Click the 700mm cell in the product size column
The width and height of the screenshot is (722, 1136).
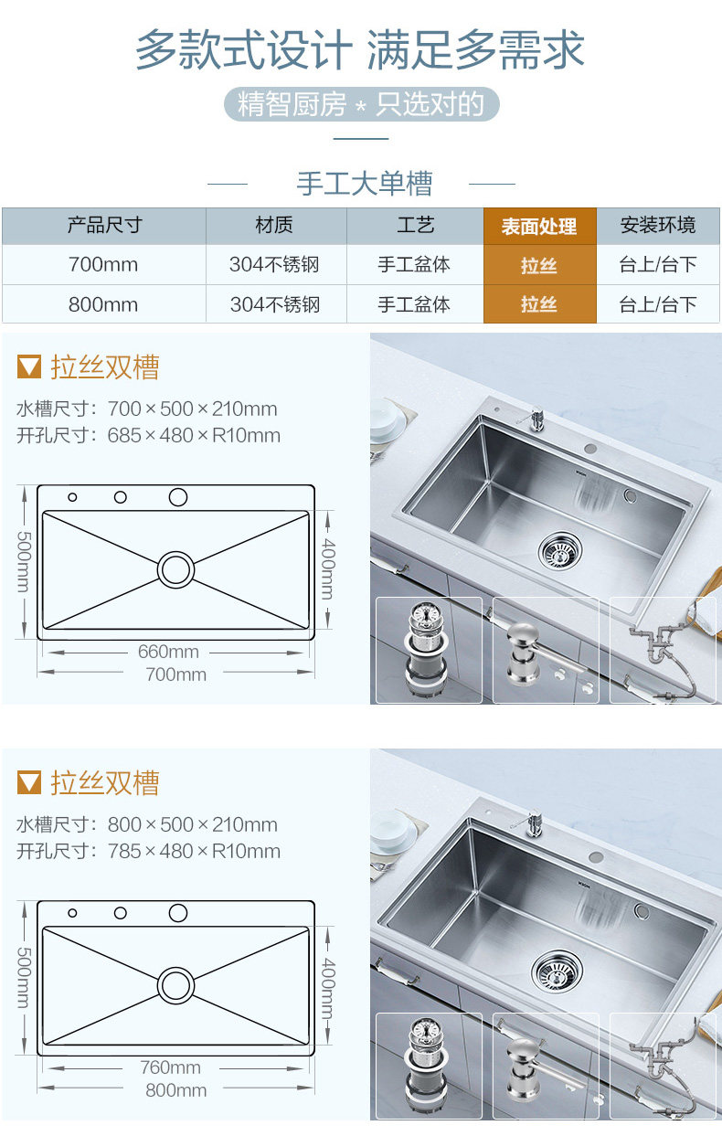[103, 265]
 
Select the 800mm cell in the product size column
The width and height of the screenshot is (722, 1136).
[103, 304]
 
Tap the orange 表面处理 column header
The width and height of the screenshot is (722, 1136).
[539, 226]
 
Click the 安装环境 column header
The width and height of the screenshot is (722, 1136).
[658, 225]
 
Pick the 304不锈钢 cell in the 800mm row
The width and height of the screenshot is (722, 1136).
[275, 304]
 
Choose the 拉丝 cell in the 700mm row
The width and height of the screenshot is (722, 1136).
[539, 265]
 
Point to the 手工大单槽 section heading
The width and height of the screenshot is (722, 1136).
[364, 184]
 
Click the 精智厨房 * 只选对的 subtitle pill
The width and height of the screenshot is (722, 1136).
[362, 104]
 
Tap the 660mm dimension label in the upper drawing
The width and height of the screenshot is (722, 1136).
[168, 652]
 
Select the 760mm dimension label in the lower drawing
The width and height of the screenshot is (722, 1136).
[170, 1067]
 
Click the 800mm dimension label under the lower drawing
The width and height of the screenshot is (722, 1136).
[176, 1090]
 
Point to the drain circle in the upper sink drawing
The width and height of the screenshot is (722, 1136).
[176, 569]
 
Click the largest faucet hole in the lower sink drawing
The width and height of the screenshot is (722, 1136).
[178, 913]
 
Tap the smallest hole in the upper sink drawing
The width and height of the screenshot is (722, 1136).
[72, 497]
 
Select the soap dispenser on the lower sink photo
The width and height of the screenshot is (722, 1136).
[530, 823]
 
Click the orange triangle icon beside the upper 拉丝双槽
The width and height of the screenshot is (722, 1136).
[29, 367]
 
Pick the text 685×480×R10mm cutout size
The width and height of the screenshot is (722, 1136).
[194, 435]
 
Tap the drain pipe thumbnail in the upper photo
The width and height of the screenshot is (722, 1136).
[664, 650]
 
